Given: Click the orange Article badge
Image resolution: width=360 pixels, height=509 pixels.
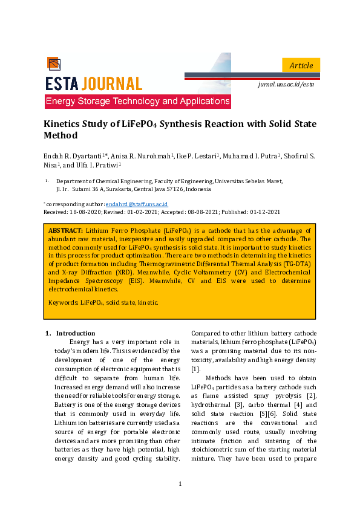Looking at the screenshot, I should click(x=301, y=65).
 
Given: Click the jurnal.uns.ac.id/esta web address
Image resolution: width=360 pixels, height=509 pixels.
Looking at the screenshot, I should click(x=287, y=85).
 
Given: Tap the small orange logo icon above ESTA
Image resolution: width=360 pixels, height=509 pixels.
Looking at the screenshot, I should click(x=53, y=63).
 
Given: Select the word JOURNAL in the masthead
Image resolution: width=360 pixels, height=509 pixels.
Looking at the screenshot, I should click(x=112, y=83).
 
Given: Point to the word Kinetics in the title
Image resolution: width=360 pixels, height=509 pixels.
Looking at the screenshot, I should click(x=64, y=125).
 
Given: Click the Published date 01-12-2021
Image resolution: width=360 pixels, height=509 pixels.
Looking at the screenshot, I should click(x=265, y=212).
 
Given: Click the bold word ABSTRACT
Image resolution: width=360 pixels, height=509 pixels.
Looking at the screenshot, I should click(x=65, y=231).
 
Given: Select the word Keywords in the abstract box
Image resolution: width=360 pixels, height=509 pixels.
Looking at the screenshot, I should click(x=63, y=302).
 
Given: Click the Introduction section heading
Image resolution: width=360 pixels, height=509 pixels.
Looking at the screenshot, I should click(x=75, y=333).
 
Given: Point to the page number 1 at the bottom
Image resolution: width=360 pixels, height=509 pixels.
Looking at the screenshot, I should click(x=180, y=484).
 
